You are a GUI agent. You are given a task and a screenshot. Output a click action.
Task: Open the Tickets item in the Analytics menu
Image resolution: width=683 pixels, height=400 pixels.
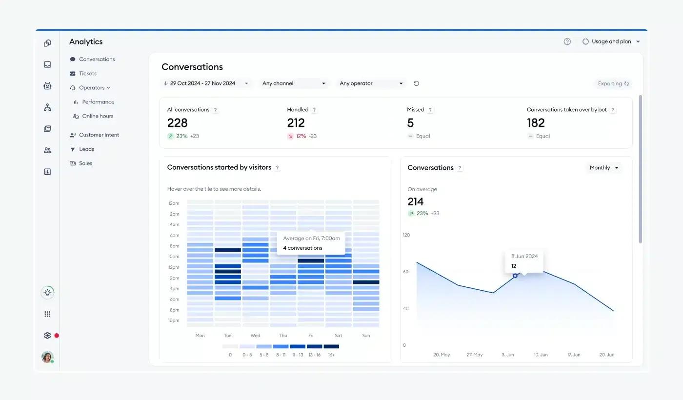[x=83, y=74]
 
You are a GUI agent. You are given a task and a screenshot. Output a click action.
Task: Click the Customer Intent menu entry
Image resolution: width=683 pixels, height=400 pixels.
[x=95, y=135]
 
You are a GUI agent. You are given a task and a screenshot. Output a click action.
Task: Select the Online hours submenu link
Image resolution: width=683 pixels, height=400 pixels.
[x=93, y=116]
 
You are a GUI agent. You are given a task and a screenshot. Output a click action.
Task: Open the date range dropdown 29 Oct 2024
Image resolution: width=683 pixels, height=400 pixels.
[x=206, y=83]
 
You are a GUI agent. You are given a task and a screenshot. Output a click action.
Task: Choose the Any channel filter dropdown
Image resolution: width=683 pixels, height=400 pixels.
[x=294, y=83]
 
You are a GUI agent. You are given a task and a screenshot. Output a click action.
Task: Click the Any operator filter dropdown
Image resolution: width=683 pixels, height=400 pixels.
[x=371, y=83]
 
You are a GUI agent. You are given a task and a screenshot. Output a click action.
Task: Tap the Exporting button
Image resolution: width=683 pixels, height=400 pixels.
[x=613, y=83]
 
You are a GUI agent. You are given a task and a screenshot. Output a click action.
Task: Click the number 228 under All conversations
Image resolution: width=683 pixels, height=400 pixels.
[x=178, y=123]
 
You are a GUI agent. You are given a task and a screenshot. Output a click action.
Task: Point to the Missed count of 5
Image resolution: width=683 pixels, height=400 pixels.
[x=410, y=123]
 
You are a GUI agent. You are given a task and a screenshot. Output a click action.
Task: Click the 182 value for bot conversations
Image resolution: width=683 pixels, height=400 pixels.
[x=536, y=123]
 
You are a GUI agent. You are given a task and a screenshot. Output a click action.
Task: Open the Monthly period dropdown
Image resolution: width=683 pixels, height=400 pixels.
[x=604, y=168]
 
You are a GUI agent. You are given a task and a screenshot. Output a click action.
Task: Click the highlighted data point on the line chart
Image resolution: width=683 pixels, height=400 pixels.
[x=515, y=276]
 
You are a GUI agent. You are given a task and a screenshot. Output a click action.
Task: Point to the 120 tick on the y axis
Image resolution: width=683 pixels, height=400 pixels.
[x=406, y=235]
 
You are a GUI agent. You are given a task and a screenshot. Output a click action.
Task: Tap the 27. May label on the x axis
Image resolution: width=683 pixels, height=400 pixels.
[x=474, y=355]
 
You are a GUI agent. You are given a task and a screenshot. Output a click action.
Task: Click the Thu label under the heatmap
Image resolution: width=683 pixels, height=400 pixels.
[x=283, y=336]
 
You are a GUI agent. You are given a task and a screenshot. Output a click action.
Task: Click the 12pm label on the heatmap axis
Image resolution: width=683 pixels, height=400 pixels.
[x=174, y=267]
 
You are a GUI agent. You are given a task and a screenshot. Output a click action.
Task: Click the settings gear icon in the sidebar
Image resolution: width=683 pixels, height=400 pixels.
[x=47, y=336]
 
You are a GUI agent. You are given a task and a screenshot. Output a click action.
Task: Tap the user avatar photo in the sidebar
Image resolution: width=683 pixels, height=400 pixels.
[x=47, y=357]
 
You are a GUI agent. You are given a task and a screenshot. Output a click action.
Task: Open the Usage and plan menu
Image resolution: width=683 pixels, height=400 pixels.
[x=611, y=41]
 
